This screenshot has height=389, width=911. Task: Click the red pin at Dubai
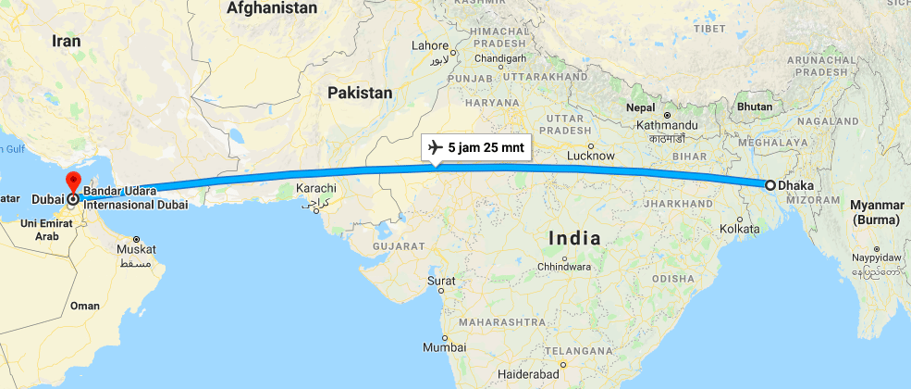point(73,182)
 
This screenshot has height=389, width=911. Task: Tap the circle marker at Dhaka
point(769,185)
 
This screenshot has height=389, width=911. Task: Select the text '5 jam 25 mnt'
point(485,147)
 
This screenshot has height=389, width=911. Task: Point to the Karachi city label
point(315,189)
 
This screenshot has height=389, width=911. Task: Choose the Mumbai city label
point(443,348)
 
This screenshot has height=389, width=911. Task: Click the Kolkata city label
point(739,228)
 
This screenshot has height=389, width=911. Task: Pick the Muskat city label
point(137,249)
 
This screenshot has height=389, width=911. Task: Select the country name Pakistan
point(360,93)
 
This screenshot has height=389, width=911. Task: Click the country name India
point(574,238)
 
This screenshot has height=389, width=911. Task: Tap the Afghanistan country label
point(273,8)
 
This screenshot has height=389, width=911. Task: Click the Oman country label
point(85,306)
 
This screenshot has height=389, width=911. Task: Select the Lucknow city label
point(591,156)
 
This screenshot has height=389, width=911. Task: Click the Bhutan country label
point(755,107)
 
